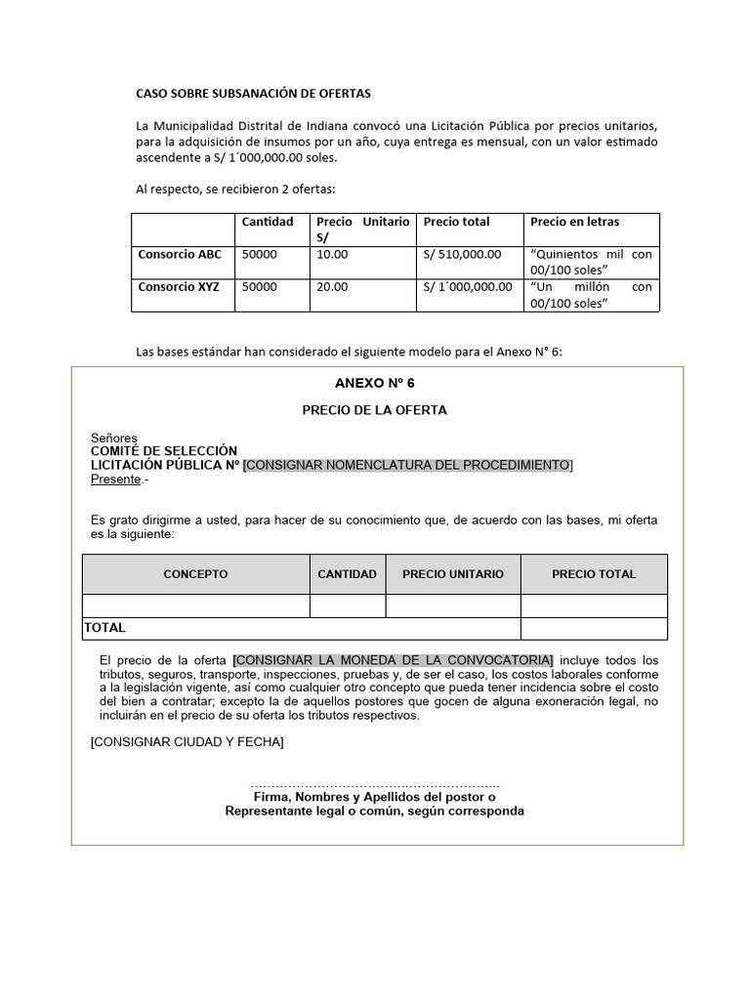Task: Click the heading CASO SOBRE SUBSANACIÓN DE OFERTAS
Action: (x=253, y=94)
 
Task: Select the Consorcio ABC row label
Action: (x=180, y=254)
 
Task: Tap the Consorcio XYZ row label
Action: (x=180, y=287)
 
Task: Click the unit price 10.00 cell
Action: (x=332, y=254)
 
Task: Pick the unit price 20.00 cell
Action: (x=332, y=287)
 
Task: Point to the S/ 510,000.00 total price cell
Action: (x=462, y=254)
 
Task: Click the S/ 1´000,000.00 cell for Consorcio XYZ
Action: (x=468, y=287)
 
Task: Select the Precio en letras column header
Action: (x=574, y=222)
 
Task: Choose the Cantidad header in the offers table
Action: (x=268, y=222)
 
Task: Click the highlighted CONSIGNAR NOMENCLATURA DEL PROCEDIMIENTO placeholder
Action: (x=407, y=465)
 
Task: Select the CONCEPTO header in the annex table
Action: (x=195, y=574)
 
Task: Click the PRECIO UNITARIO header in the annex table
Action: (x=453, y=574)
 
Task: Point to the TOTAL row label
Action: (x=105, y=628)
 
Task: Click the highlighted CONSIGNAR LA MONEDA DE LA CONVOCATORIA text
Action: (x=393, y=660)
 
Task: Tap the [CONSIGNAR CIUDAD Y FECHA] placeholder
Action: (x=187, y=742)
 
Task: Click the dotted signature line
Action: (x=374, y=785)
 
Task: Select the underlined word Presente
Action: (x=116, y=479)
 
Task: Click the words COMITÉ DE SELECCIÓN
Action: (x=164, y=451)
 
